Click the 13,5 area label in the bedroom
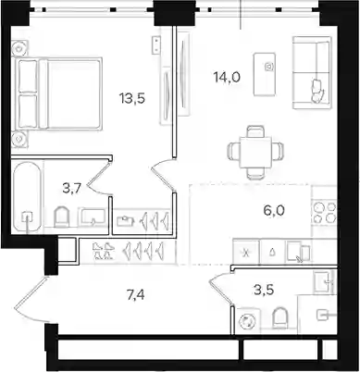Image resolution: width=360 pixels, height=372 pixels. point(132,99)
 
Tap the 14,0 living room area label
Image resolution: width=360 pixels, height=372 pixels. point(227,77)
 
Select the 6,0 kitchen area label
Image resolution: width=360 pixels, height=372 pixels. point(274,211)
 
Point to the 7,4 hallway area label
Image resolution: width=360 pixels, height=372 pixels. point(135,295)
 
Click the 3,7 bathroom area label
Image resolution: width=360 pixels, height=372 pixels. point(71,188)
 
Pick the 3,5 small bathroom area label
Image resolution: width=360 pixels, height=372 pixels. point(264,291)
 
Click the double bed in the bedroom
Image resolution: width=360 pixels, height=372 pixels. point(56,93)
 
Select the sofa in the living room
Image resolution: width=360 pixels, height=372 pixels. point(312,73)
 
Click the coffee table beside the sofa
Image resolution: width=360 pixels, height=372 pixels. point(265,74)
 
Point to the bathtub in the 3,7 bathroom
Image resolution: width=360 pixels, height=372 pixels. point(28,197)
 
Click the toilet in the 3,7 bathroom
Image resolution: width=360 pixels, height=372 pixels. point(62,217)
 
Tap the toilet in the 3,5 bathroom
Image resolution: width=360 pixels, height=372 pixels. point(280,318)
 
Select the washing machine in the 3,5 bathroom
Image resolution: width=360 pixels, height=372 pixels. point(247,321)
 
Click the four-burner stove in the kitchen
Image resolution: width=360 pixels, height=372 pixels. point(324,212)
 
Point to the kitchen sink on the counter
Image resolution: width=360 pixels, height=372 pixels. point(298,251)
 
